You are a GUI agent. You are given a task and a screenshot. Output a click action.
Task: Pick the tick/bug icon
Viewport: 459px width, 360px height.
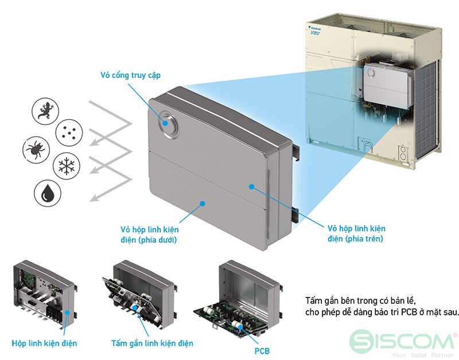point(36,150)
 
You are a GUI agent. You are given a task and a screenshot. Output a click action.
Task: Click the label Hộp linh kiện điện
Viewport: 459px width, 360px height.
point(44,343)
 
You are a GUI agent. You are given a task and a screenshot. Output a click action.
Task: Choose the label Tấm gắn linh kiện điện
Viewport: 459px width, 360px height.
point(152,343)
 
